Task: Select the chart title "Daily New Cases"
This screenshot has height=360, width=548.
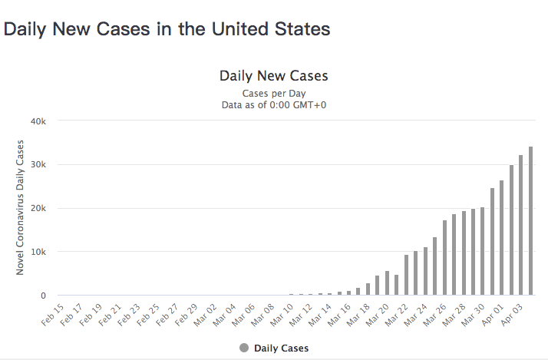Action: point(274,76)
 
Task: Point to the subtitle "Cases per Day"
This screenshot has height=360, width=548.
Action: point(274,93)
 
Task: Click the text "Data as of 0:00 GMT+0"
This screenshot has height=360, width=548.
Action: point(274,104)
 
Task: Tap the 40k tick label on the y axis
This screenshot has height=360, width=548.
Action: point(39,121)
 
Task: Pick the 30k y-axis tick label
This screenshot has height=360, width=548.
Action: point(39,165)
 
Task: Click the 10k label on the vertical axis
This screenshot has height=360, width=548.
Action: point(39,252)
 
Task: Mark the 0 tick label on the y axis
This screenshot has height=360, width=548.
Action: point(45,296)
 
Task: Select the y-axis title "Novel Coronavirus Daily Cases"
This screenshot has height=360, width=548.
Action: point(21,208)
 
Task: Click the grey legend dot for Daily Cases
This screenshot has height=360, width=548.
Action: point(244,348)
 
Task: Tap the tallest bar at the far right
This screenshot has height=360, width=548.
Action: point(530,221)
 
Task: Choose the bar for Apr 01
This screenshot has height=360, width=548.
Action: point(502,238)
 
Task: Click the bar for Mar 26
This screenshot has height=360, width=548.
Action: point(444,258)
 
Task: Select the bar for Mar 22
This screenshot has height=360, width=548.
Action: point(407,275)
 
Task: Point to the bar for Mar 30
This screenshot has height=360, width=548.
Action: point(483,251)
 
